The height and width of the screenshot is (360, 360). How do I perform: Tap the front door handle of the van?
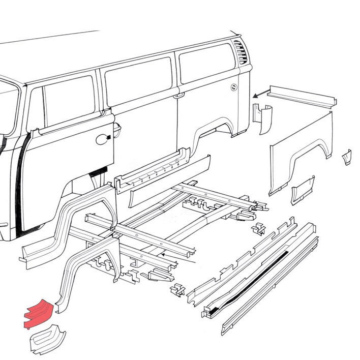pos(103,137)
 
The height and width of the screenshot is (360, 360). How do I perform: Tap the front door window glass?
pos(69,104)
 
